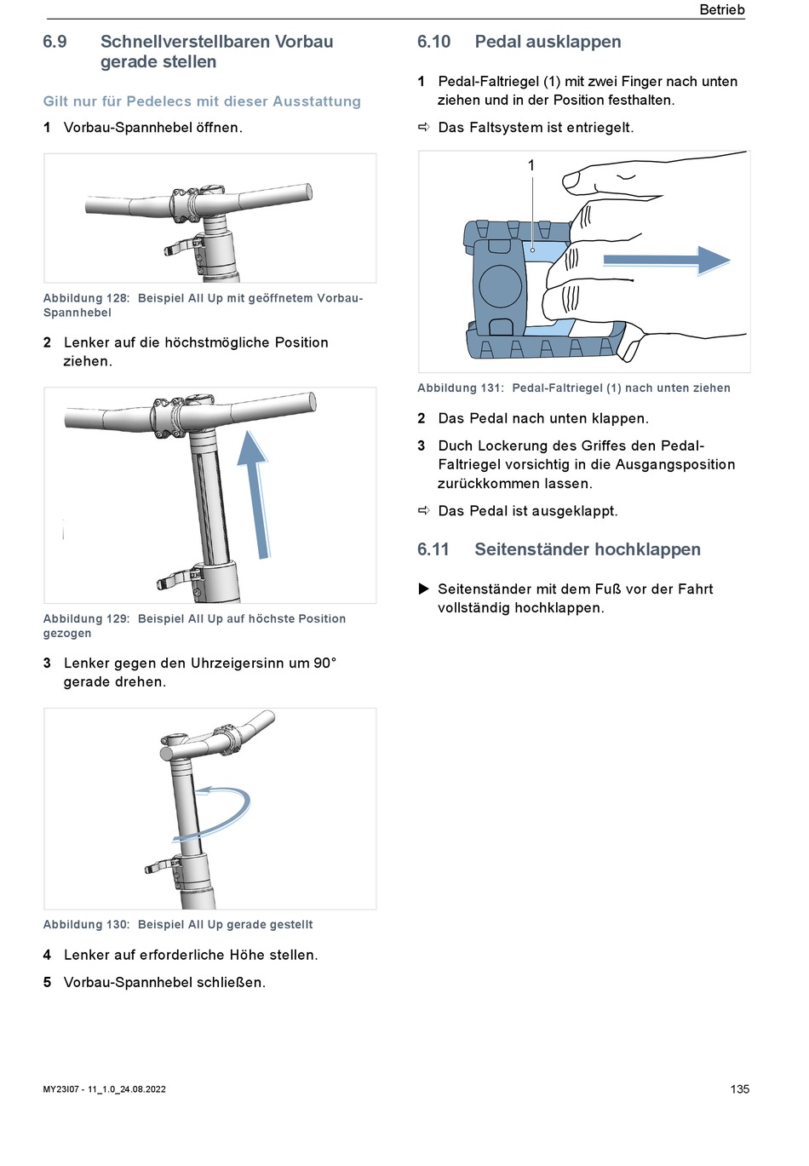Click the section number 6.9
click(x=55, y=42)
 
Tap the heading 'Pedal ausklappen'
click(x=548, y=42)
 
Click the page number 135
click(x=739, y=1088)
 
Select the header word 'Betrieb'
click(x=721, y=9)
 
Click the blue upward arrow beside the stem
click(x=255, y=494)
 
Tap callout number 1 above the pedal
click(x=531, y=165)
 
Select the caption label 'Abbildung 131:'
click(x=461, y=388)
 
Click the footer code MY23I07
click(x=61, y=1089)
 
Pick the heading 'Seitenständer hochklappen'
click(x=588, y=549)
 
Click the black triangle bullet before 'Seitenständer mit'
click(x=423, y=589)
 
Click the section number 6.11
click(x=433, y=549)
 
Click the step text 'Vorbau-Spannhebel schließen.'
click(x=164, y=982)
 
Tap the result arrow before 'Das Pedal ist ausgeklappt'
click(x=424, y=510)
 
